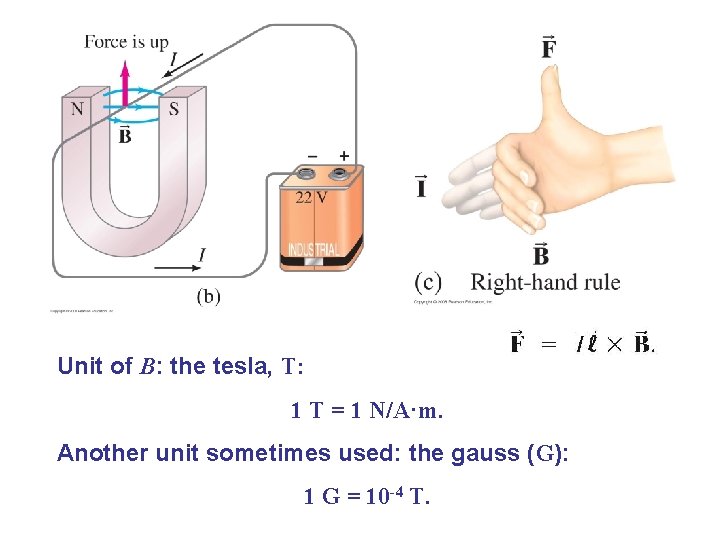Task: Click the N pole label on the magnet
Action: pyautogui.click(x=77, y=108)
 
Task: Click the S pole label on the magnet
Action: pyautogui.click(x=174, y=108)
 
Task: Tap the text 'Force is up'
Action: pyautogui.click(x=126, y=41)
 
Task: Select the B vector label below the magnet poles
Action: pyautogui.click(x=125, y=134)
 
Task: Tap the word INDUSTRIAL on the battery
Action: pyautogui.click(x=313, y=247)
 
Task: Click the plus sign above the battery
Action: pyautogui.click(x=344, y=156)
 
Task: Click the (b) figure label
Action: pyautogui.click(x=209, y=296)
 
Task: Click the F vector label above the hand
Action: pyautogui.click(x=549, y=47)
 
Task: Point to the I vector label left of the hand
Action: pyautogui.click(x=421, y=187)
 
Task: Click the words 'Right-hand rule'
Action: pyautogui.click(x=545, y=282)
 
